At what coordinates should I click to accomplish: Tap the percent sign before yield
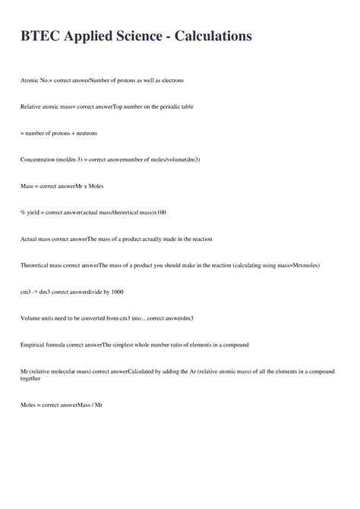tap(23, 213)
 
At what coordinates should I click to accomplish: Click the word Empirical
tap(34, 344)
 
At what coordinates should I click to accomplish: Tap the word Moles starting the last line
tap(29, 405)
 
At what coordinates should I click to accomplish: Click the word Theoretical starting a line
tap(37, 265)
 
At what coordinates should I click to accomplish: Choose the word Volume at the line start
tap(31, 318)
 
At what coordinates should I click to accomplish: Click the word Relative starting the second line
tap(32, 106)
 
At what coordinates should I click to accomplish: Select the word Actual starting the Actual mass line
tap(30, 239)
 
